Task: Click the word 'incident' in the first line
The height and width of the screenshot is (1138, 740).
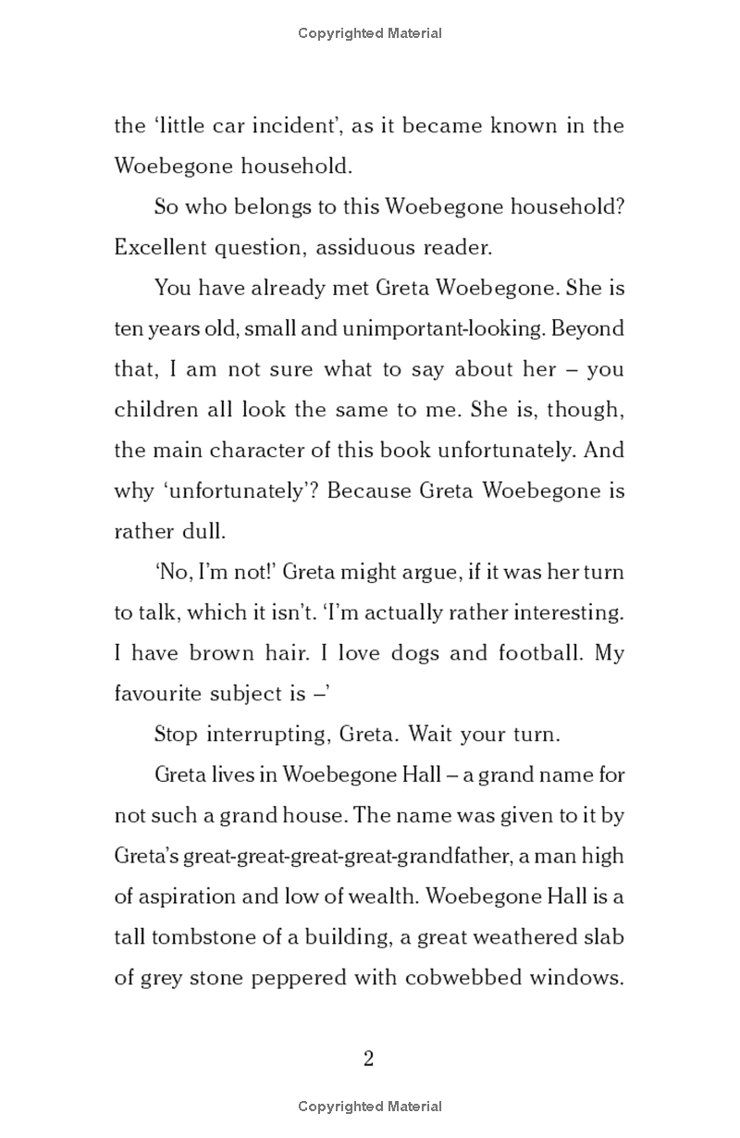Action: [277, 126]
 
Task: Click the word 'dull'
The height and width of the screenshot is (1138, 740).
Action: [203, 532]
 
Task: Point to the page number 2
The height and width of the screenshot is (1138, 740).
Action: [369, 1058]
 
